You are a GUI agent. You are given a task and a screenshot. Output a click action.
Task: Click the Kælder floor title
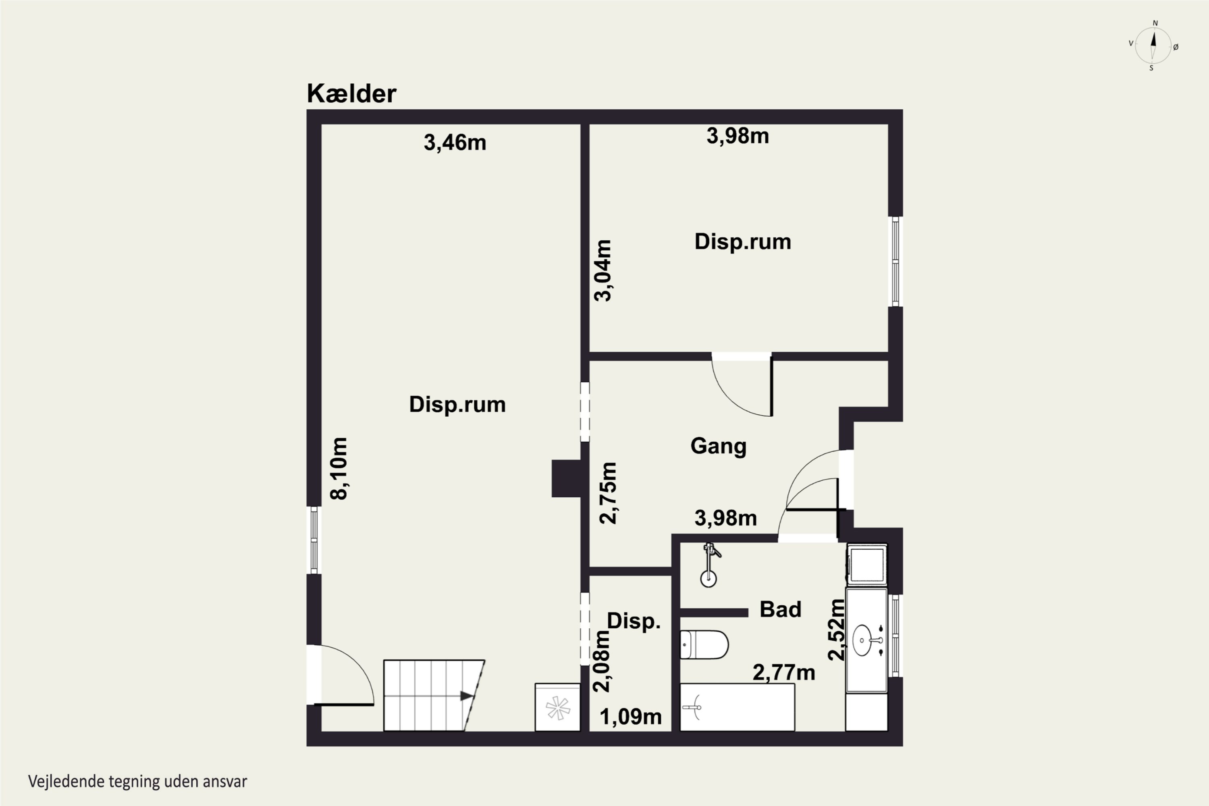pyautogui.click(x=351, y=93)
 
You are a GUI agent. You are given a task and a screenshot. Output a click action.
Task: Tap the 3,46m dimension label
pyautogui.click(x=455, y=142)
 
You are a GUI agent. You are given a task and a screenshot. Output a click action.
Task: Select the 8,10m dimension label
pyautogui.click(x=339, y=468)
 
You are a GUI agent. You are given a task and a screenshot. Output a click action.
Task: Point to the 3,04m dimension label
pyautogui.click(x=603, y=270)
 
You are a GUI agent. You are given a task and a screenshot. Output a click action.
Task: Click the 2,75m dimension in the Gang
pyautogui.click(x=608, y=493)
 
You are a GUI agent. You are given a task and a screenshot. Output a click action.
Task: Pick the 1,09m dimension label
pyautogui.click(x=631, y=717)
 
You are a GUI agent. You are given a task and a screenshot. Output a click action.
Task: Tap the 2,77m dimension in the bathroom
pyautogui.click(x=784, y=672)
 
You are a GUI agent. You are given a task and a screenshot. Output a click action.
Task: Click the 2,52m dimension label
pyautogui.click(x=836, y=629)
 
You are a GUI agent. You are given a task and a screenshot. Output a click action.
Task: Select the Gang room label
pyautogui.click(x=719, y=446)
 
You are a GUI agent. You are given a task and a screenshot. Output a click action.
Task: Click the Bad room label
pyautogui.click(x=780, y=609)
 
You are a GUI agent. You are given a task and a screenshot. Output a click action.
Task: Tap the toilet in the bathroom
pyautogui.click(x=704, y=644)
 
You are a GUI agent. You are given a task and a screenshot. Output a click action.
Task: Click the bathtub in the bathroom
pyautogui.click(x=737, y=707)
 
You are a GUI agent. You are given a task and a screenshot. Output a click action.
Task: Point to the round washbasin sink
pyautogui.click(x=862, y=640)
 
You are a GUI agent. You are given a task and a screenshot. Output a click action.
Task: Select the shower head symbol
pyautogui.click(x=709, y=565)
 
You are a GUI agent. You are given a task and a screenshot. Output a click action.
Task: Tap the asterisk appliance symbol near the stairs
pyautogui.click(x=558, y=708)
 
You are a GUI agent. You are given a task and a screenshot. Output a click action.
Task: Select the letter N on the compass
pyautogui.click(x=1155, y=23)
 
